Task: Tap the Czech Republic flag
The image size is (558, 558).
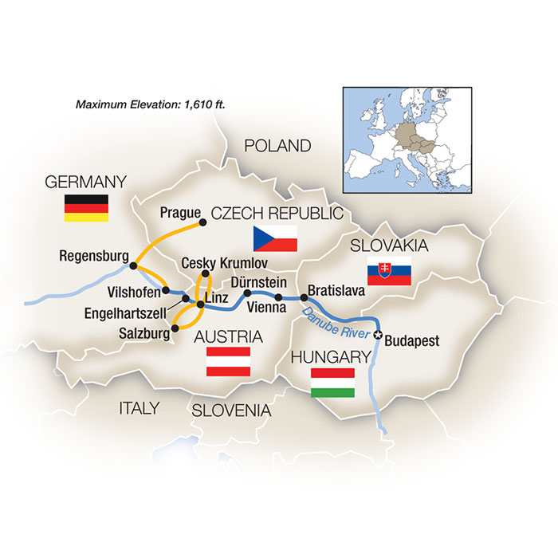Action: pos(274,238)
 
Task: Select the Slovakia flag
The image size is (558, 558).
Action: pos(388,274)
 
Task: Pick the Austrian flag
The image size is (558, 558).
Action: pos(229,361)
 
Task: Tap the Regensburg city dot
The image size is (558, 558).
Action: pos(135,265)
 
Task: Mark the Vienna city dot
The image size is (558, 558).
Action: pos(278,297)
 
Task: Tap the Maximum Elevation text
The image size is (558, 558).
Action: pos(144,104)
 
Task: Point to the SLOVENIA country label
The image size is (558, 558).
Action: pos(230,411)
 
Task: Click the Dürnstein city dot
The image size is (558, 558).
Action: pos(247,293)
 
